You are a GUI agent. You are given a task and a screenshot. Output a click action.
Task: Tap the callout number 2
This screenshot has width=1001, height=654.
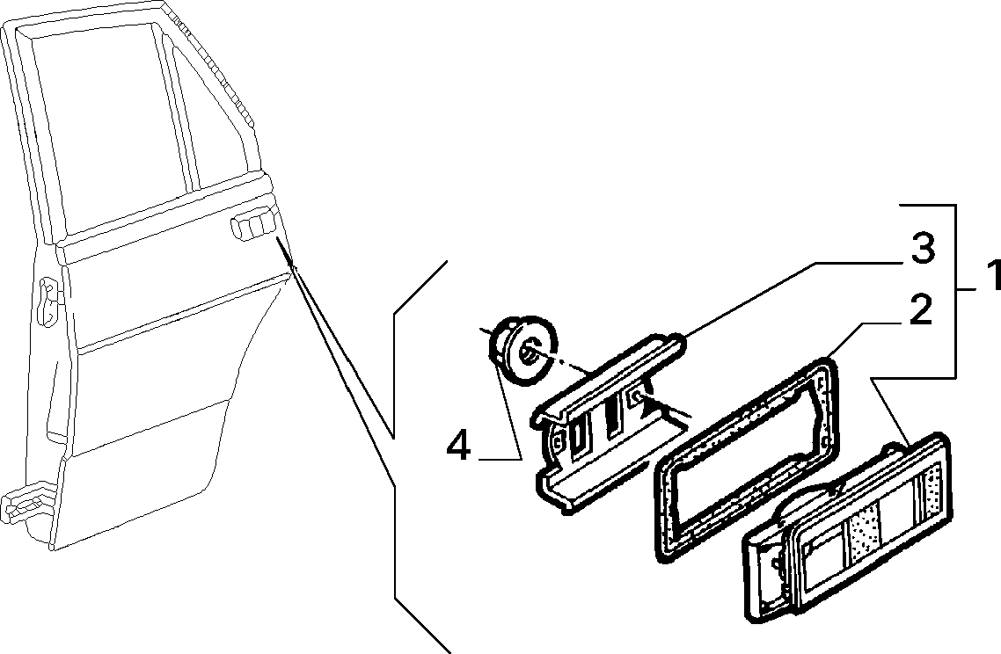[920, 310]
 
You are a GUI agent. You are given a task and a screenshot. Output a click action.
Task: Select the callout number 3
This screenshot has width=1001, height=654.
[923, 248]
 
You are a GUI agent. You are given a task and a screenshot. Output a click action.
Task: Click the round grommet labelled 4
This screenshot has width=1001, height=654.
[522, 350]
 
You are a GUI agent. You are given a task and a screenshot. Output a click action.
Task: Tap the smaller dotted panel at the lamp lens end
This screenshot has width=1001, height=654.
[932, 484]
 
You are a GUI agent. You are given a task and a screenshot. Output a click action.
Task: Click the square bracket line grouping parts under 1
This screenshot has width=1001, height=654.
[955, 290]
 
